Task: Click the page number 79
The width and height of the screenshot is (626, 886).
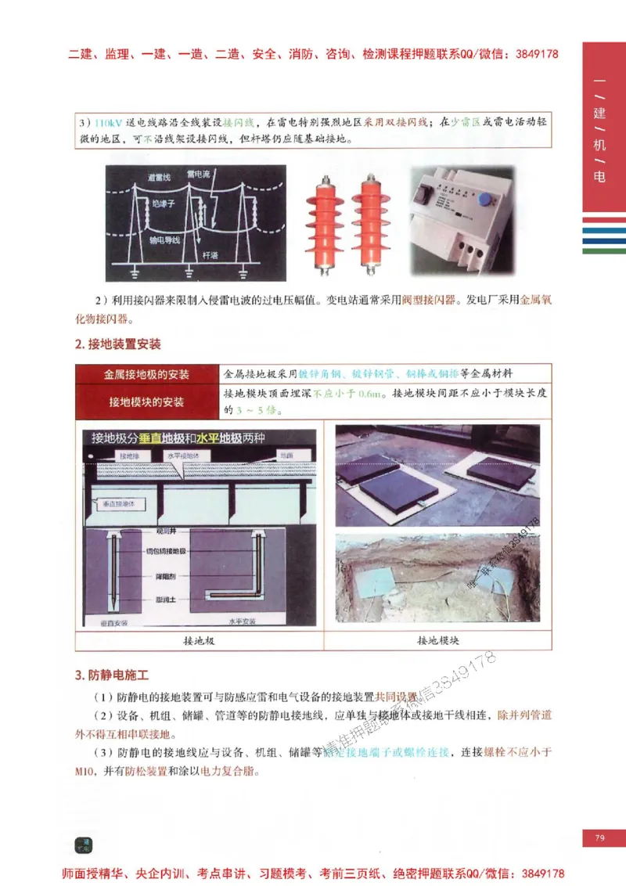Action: pos(600,837)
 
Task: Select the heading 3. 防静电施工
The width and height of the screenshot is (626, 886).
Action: pos(111,675)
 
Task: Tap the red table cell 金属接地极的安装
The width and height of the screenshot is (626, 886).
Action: pos(147,375)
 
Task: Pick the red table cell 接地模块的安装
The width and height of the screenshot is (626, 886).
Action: pos(147,402)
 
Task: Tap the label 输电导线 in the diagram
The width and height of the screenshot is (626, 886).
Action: pos(165,240)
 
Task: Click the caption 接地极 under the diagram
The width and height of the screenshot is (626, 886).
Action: pos(199,640)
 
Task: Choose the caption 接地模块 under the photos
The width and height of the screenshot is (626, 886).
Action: pos(437,640)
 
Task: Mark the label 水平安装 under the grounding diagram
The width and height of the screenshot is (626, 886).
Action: pos(243,622)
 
